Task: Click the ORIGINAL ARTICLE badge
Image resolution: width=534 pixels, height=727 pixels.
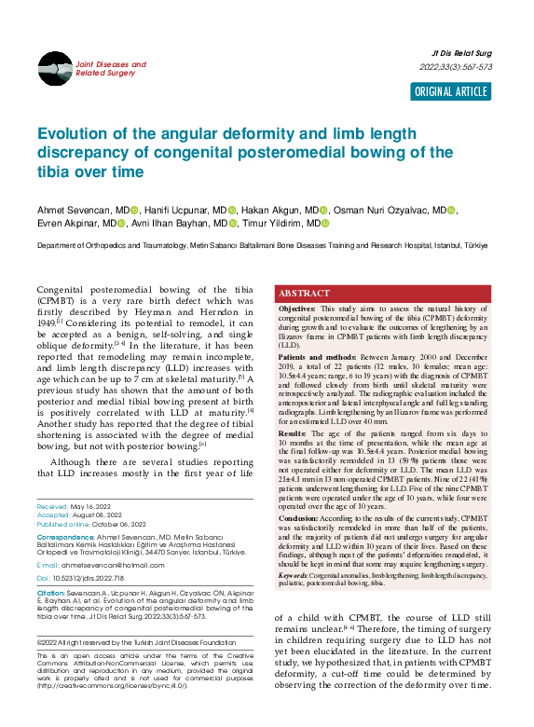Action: pyautogui.click(x=451, y=91)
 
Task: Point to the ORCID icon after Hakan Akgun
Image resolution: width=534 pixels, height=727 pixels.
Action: pyautogui.click(x=323, y=212)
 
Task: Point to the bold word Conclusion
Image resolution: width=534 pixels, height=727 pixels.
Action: pyautogui.click(x=298, y=517)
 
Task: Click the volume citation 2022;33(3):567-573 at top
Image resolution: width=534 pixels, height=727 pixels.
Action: pyautogui.click(x=456, y=68)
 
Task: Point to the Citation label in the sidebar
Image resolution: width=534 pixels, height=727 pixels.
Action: pyautogui.click(x=49, y=593)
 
